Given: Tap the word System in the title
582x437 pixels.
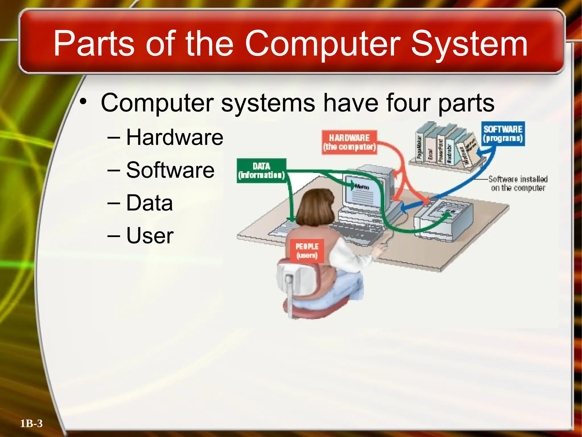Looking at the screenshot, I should point(469,44).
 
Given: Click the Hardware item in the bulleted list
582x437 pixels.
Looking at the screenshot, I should point(174,137).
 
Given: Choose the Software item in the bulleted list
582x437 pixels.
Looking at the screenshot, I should point(170,170).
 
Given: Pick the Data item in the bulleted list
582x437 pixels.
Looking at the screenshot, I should point(149,203).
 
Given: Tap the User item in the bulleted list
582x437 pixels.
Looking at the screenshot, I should point(150,236).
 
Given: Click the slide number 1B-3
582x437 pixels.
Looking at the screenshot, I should point(31,424).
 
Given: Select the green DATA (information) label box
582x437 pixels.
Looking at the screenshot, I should point(261,170).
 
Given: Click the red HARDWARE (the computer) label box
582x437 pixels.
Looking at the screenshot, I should point(349,142).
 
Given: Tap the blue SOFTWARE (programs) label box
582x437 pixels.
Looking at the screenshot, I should point(503,134).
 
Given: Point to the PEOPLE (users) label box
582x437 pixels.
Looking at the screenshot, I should point(307,251).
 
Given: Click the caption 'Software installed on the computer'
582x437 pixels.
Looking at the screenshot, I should point(518,184).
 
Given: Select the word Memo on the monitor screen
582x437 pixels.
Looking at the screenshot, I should point(362,187).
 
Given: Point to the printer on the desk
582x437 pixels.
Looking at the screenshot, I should point(443,219).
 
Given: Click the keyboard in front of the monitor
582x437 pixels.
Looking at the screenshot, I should point(358,228).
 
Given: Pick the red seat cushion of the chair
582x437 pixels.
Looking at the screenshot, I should point(310,309).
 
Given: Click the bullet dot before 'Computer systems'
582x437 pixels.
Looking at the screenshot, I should point(83,102).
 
